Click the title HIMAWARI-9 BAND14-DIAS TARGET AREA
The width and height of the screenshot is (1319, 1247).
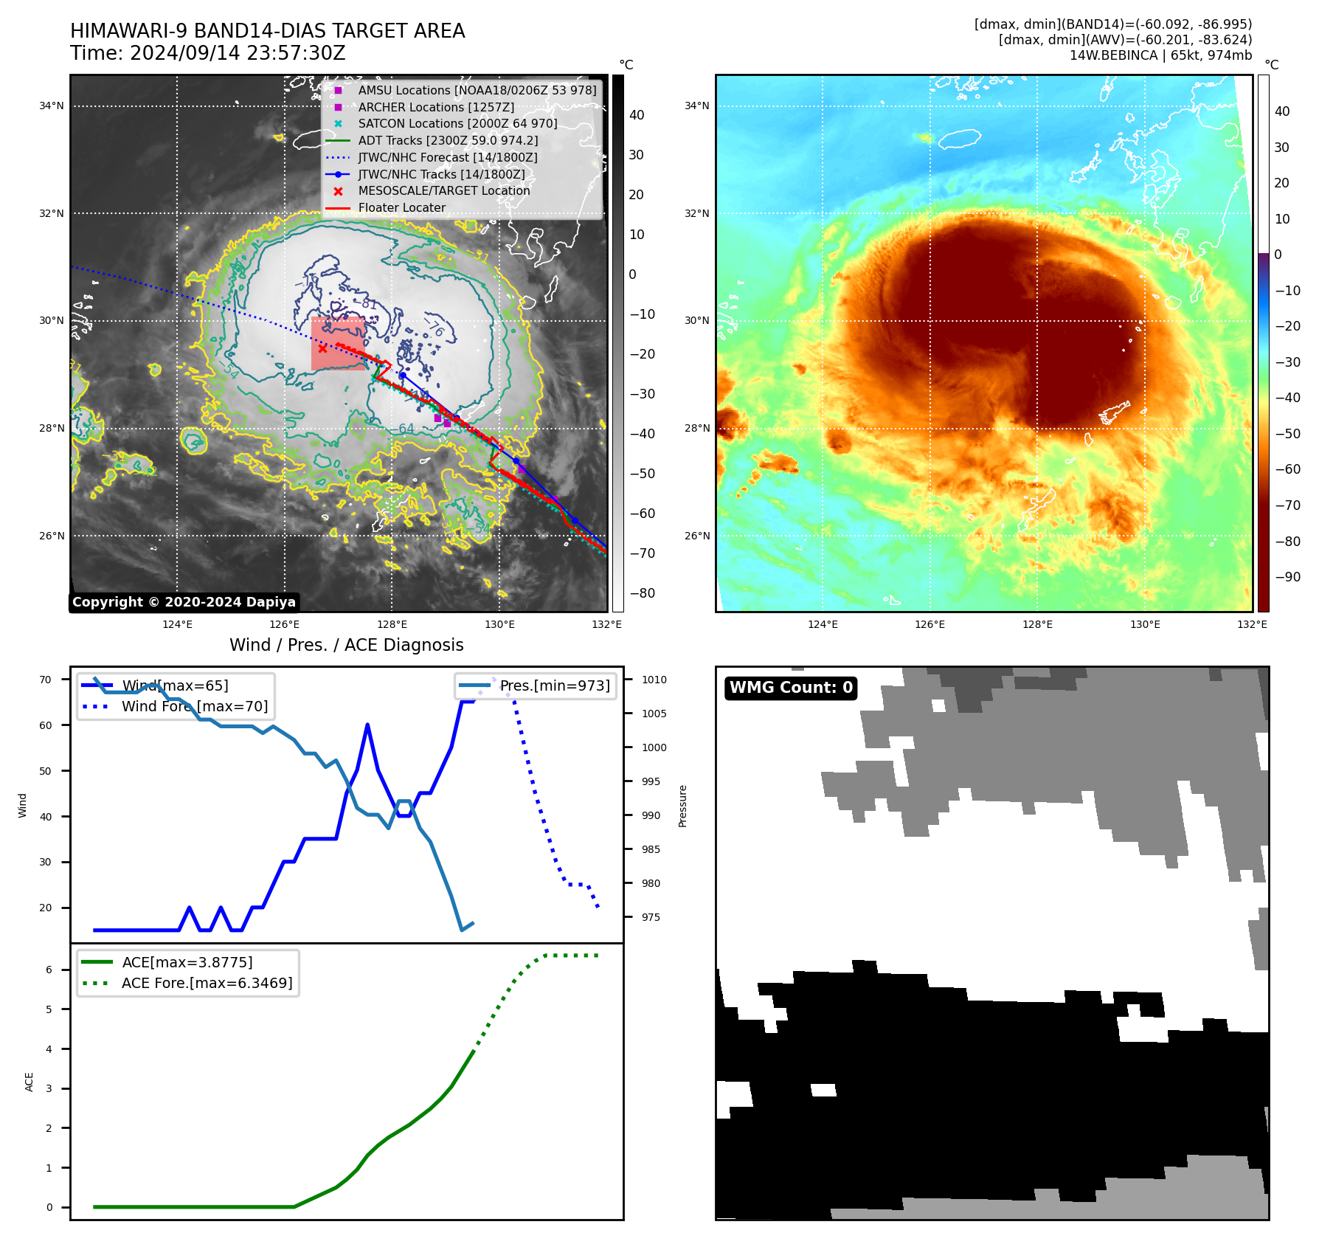coord(267,31)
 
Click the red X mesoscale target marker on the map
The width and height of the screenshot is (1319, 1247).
coord(322,349)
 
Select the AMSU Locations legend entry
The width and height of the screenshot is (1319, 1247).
coord(477,90)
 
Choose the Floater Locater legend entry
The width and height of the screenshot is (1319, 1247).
coord(401,208)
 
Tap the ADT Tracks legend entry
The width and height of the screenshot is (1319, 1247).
coord(448,140)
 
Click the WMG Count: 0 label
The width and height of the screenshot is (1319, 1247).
coord(791,688)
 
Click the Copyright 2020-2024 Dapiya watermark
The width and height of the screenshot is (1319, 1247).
coord(184,602)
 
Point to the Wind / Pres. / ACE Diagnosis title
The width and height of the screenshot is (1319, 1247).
coord(346,645)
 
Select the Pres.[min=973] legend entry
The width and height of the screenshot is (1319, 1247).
coord(555,685)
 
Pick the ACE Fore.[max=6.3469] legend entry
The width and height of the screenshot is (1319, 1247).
coord(207,983)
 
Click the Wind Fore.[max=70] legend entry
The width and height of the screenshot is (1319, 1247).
coord(195,706)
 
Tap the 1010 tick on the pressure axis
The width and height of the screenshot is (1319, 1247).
coord(654,680)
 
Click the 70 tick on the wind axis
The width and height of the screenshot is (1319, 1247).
coord(46,680)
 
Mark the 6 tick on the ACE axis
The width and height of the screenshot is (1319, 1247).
coord(49,970)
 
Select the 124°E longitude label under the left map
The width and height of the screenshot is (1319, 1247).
coord(177,625)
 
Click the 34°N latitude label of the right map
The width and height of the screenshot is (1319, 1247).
coord(696,106)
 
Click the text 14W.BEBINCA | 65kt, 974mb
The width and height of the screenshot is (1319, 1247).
coord(1160,55)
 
